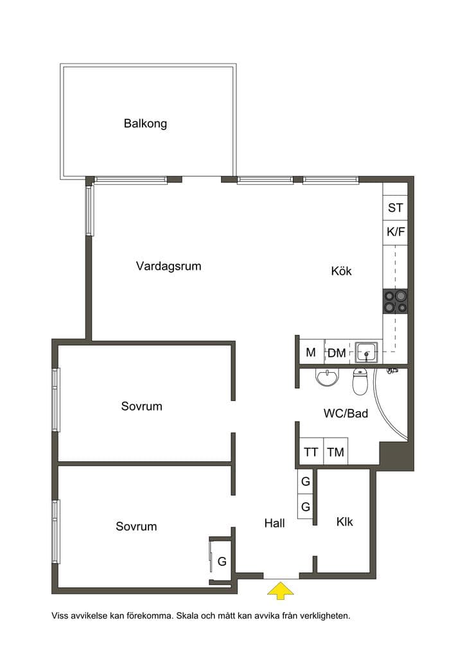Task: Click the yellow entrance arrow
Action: [281, 590]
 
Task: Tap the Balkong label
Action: [145, 124]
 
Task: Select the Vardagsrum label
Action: [168, 266]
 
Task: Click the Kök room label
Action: [341, 271]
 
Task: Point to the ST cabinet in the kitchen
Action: [395, 207]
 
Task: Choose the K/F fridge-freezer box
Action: [395, 232]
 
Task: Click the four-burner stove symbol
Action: [396, 302]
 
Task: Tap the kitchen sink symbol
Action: [367, 352]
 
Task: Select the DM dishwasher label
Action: [337, 354]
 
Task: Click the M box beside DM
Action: [311, 352]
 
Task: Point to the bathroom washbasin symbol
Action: [327, 378]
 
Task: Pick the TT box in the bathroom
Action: [311, 452]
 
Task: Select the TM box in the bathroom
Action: [335, 452]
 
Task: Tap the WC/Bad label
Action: [346, 414]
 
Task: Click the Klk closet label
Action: [345, 522]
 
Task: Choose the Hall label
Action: [275, 523]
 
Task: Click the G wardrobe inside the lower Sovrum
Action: [222, 561]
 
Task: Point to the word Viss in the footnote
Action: [60, 616]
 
